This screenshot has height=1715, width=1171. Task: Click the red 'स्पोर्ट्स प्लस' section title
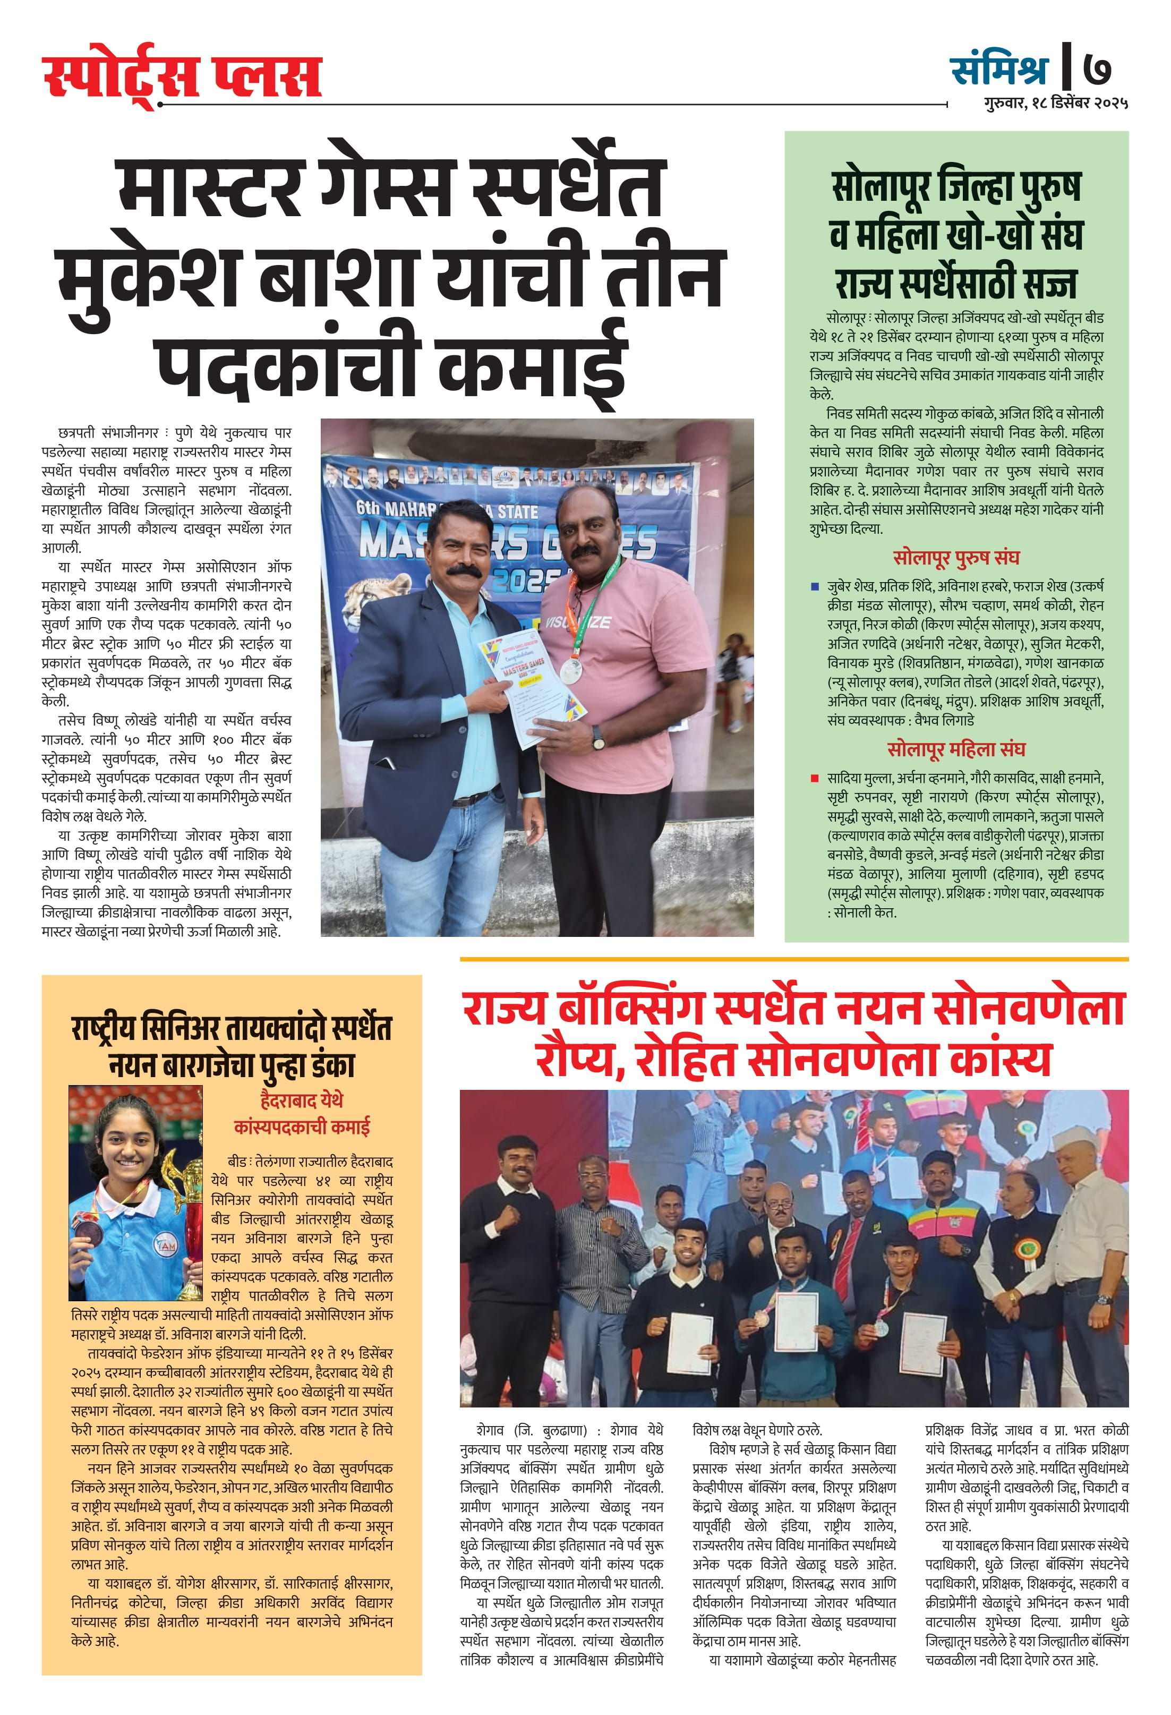point(182,75)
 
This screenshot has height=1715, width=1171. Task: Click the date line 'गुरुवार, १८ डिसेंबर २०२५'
point(1055,104)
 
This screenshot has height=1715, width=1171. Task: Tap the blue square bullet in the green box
point(815,587)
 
